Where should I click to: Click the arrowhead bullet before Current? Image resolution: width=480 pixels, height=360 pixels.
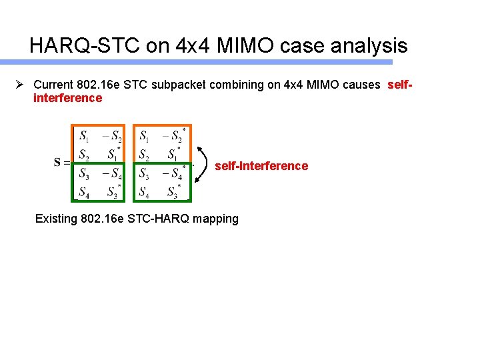[x=21, y=84]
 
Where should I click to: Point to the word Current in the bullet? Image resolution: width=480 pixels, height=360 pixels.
[x=55, y=85]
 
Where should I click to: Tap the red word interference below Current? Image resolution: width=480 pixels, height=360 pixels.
[x=67, y=98]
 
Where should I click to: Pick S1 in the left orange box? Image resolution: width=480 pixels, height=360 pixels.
[x=84, y=137]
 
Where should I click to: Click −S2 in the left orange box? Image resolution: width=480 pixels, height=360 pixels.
[x=112, y=137]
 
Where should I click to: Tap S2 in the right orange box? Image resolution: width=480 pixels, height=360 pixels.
[x=144, y=155]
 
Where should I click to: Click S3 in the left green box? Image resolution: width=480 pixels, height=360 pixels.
[x=84, y=175]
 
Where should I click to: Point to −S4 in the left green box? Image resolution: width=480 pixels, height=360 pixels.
[x=112, y=175]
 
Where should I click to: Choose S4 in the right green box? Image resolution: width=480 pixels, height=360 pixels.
[x=144, y=193]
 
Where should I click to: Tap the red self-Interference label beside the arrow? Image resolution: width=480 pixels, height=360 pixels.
[x=261, y=165]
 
